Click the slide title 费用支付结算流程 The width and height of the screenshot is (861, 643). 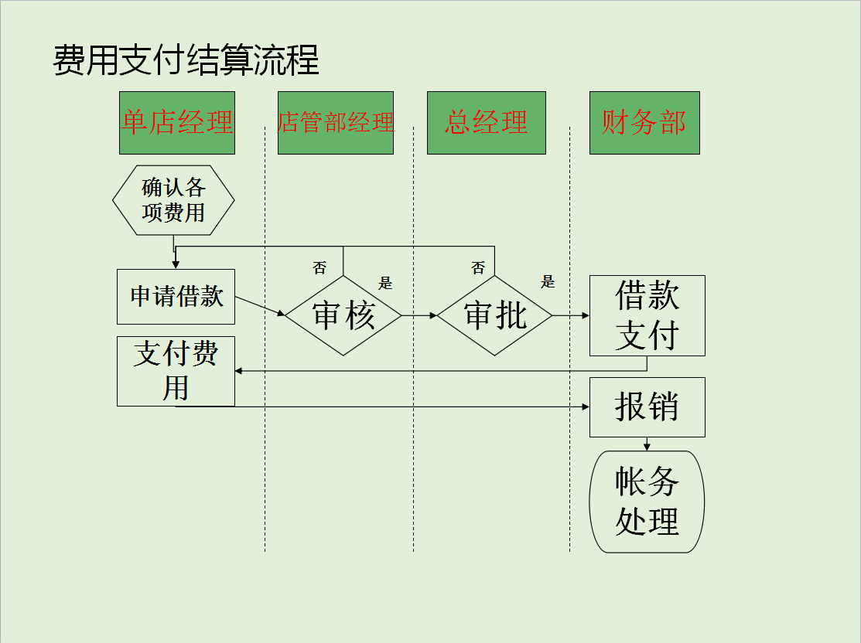coord(186,60)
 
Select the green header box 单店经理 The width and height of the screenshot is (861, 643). coord(177,123)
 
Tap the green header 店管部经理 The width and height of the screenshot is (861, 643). coord(336,123)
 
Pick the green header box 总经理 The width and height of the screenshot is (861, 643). coord(487,123)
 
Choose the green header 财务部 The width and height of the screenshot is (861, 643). coord(644,123)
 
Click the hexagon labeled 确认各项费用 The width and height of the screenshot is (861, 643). coord(173,200)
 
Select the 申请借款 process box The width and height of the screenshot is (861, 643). coord(176,296)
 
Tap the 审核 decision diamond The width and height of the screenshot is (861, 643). coord(343,315)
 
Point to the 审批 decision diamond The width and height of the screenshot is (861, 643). coord(495,315)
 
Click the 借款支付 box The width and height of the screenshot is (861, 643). coord(647,315)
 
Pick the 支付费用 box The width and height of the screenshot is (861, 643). coord(176,371)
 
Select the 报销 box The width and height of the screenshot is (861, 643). coord(647,407)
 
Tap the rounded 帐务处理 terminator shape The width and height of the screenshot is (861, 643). coord(647,502)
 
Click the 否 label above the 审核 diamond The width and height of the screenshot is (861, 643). coord(319,268)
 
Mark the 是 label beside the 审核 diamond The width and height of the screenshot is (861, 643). coord(385,283)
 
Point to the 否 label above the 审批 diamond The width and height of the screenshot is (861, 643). coord(478,268)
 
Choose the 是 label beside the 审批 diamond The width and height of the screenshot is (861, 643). coord(548,282)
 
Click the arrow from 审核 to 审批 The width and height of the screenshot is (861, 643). coord(419,315)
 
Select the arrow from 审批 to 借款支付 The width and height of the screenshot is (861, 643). coord(571,315)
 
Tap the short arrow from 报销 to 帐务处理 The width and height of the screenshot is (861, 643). coord(647,444)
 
